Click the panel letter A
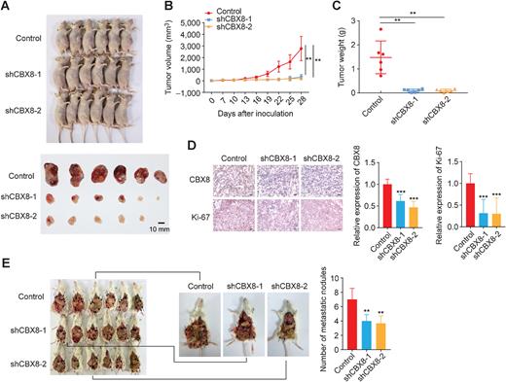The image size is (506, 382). (7, 7)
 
